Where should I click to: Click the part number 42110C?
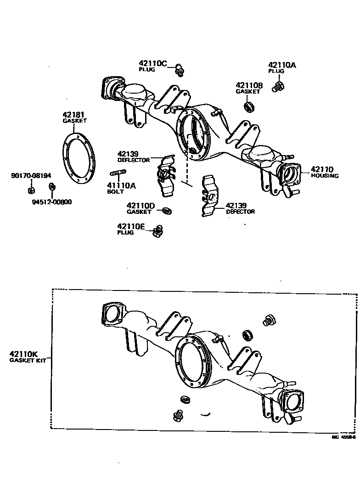pyautogui.click(x=154, y=63)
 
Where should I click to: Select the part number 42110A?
pyautogui.click(x=282, y=66)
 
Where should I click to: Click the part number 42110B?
pyautogui.click(x=249, y=85)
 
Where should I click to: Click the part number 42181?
pyautogui.click(x=74, y=115)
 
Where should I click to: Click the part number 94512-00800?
pyautogui.click(x=52, y=201)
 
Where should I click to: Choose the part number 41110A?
pyautogui.click(x=121, y=185)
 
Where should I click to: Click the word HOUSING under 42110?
pyautogui.click(x=325, y=176)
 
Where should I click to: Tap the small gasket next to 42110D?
pyautogui.click(x=167, y=211)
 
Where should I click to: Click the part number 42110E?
pyautogui.click(x=131, y=227)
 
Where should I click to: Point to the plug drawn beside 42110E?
pyautogui.click(x=157, y=231)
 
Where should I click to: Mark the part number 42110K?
pyautogui.click(x=23, y=354)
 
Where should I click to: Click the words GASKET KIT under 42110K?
pyautogui.click(x=25, y=360)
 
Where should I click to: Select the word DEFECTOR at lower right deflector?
pyautogui.click(x=240, y=212)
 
